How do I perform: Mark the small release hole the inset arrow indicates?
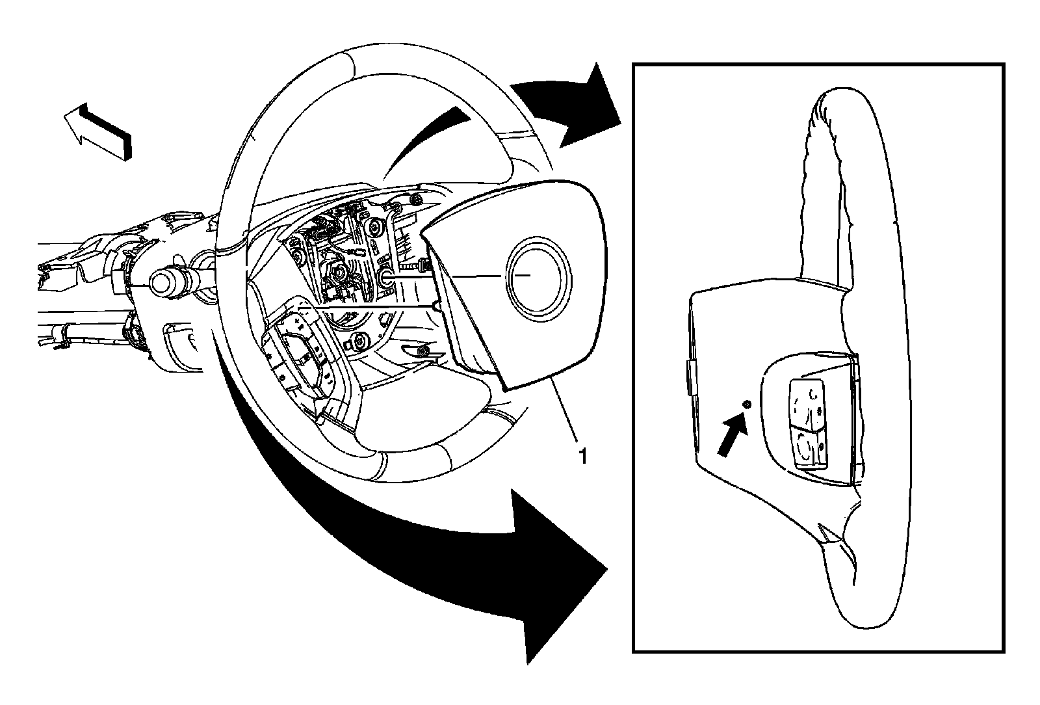pos(746,405)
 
